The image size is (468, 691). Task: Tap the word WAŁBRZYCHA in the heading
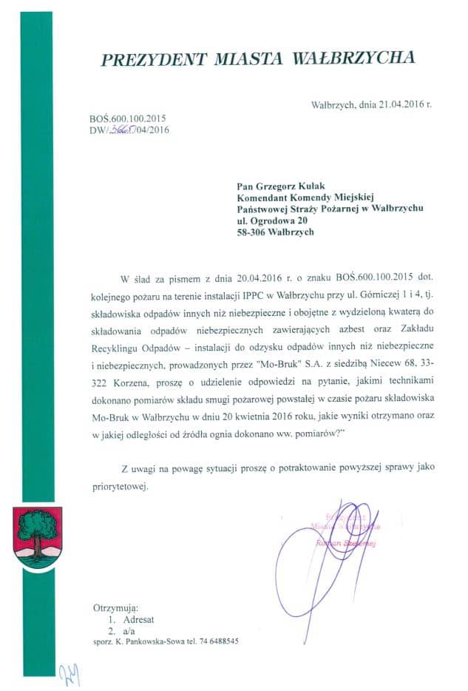[354, 58]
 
